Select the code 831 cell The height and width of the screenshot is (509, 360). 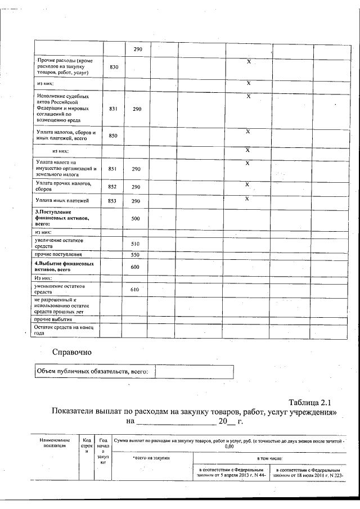pos(113,109)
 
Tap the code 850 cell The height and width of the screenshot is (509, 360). pos(113,136)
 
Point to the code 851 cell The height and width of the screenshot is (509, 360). pos(113,169)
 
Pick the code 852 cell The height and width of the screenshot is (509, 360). pos(113,187)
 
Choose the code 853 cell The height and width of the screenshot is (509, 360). pos(113,201)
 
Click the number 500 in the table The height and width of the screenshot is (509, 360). pos(135,218)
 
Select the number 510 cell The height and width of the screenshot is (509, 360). pos(135,244)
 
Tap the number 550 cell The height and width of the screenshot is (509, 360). pos(135,255)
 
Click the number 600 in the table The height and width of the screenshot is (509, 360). pos(135,267)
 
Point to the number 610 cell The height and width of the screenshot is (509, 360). pos(135,289)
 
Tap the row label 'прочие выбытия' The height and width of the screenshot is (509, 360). pos(54,319)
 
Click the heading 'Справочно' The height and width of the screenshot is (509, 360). pos(71,353)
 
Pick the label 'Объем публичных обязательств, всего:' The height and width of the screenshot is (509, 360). pos(92,372)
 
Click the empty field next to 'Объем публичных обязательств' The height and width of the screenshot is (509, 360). pos(193,372)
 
